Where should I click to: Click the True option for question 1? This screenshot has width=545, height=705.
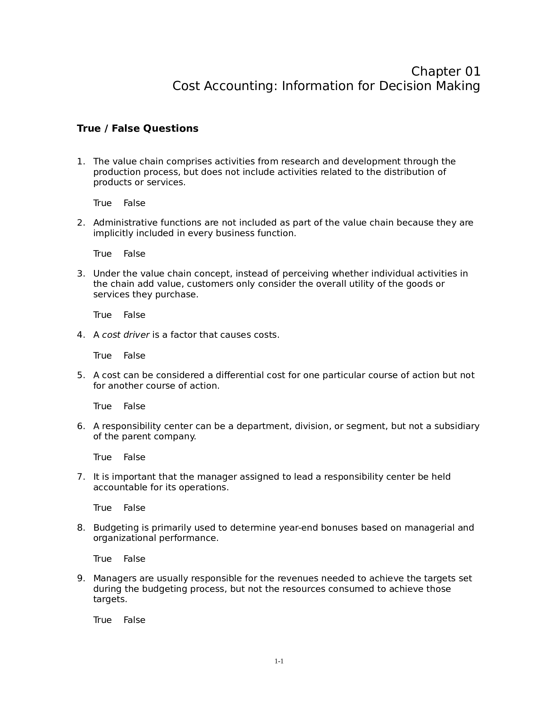(x=102, y=203)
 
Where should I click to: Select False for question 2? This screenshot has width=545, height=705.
(x=134, y=254)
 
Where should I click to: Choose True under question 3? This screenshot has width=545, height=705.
(x=102, y=315)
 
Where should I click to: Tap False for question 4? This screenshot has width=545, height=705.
(x=134, y=355)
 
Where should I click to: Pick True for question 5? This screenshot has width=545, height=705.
(x=102, y=406)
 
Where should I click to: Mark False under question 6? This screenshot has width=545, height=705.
(x=134, y=457)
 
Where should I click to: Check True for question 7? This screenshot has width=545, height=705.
(x=102, y=508)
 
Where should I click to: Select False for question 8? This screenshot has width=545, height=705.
(x=134, y=559)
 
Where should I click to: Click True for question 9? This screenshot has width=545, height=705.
(x=102, y=620)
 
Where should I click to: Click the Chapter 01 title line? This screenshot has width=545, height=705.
(x=446, y=71)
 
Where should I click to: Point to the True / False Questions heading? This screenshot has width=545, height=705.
(x=138, y=129)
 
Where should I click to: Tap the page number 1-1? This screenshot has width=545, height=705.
(x=279, y=661)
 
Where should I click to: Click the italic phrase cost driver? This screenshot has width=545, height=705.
(x=126, y=335)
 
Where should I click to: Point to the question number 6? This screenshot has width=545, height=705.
(x=80, y=426)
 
